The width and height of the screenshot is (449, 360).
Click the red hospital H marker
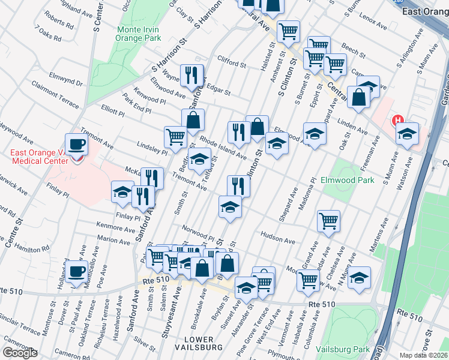click(x=397, y=121)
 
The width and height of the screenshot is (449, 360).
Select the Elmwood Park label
click(x=348, y=179)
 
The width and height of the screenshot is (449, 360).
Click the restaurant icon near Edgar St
click(x=191, y=75)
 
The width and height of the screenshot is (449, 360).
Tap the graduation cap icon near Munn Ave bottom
click(x=359, y=278)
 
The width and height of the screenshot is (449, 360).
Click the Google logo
click(x=20, y=353)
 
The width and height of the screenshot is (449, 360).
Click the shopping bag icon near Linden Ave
click(x=358, y=99)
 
